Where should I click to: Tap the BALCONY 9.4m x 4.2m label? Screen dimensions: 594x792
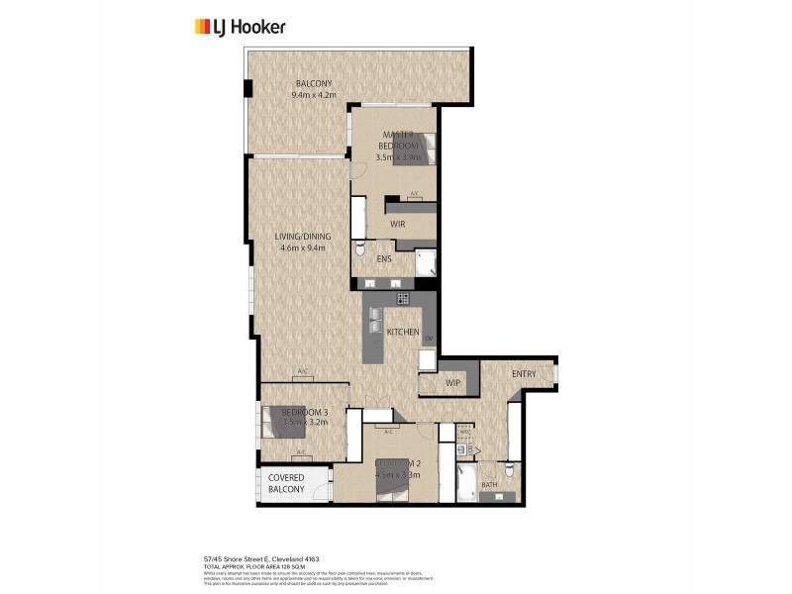click(314, 89)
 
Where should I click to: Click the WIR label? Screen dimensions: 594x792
click(397, 225)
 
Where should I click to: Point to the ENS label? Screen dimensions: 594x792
click(384, 259)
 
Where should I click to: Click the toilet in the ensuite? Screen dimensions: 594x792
click(360, 247)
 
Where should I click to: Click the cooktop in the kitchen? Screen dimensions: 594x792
click(403, 298)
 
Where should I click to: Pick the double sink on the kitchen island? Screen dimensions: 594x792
click(375, 320)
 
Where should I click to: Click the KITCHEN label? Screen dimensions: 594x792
click(403, 332)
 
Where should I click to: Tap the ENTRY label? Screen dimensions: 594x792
click(524, 373)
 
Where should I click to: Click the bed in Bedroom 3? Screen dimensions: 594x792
click(280, 424)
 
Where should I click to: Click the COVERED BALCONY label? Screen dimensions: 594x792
click(287, 484)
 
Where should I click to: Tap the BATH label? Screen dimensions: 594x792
click(490, 485)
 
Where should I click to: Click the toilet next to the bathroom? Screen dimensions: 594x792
click(508, 469)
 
